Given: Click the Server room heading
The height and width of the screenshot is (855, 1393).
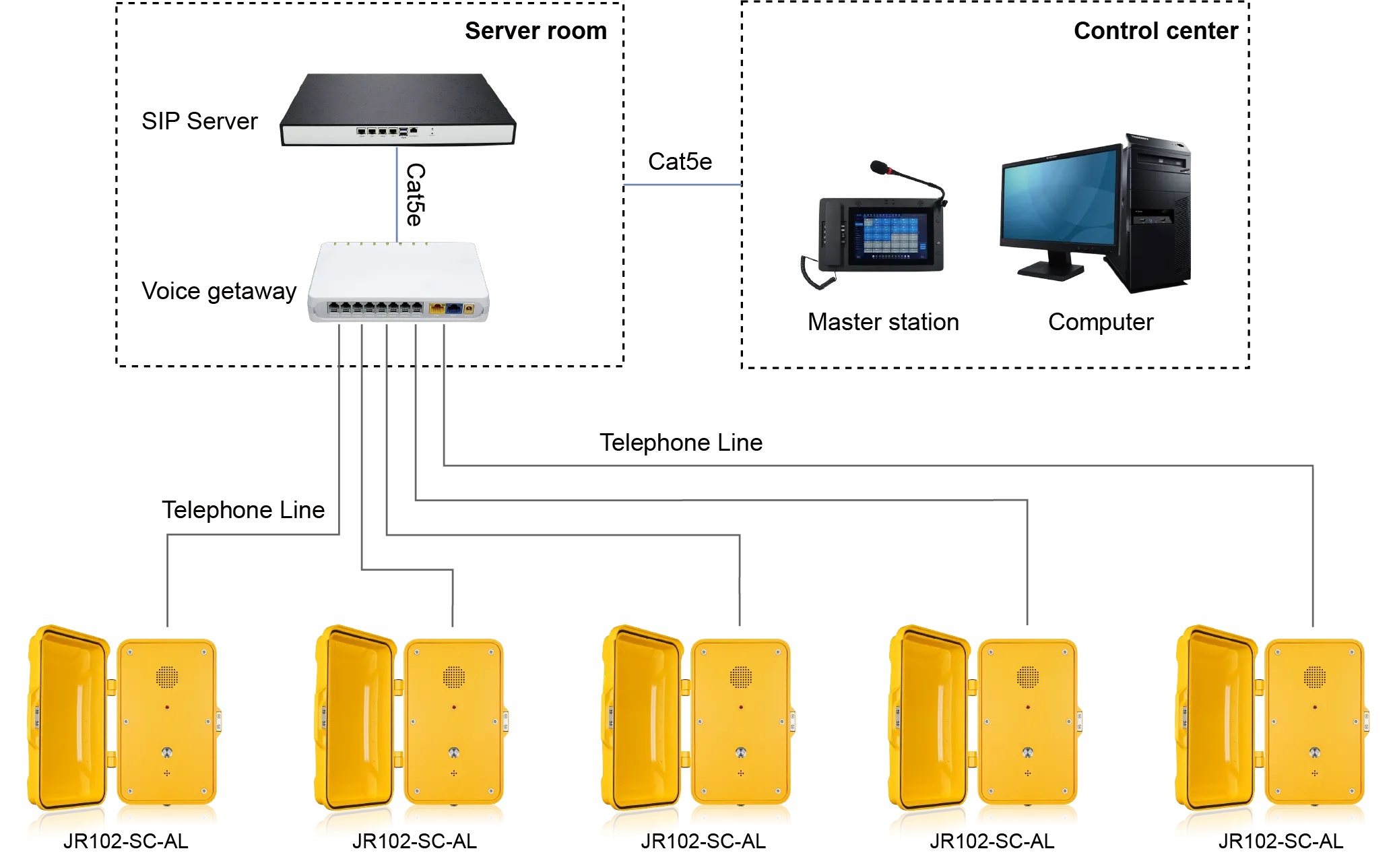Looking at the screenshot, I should click(536, 31).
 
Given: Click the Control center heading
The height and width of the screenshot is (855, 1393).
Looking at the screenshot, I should click(1155, 31).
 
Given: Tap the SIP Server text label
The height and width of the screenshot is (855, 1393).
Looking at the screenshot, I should click(199, 121).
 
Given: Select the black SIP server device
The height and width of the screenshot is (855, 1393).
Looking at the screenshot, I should click(397, 111).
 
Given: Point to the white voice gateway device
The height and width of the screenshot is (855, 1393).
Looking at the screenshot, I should click(399, 282).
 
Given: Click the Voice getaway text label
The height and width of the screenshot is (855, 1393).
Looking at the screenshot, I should click(219, 291).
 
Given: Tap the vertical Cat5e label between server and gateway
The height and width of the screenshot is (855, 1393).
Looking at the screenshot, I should click(415, 195).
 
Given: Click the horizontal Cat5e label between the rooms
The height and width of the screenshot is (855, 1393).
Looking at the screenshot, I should click(680, 162).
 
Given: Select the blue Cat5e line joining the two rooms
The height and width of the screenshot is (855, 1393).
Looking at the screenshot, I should click(682, 185).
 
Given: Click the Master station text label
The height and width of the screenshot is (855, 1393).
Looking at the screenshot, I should click(883, 322).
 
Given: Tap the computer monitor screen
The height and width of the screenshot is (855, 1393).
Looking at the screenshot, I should click(1059, 199).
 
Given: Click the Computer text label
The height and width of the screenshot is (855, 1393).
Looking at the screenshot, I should click(1101, 322).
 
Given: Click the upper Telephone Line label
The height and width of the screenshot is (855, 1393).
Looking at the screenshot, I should click(681, 443).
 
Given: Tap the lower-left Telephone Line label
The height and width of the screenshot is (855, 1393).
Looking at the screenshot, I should click(243, 510).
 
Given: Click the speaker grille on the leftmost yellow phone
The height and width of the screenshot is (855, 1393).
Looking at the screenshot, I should click(167, 676).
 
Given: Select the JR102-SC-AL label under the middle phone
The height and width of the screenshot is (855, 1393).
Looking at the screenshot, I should click(703, 842).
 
